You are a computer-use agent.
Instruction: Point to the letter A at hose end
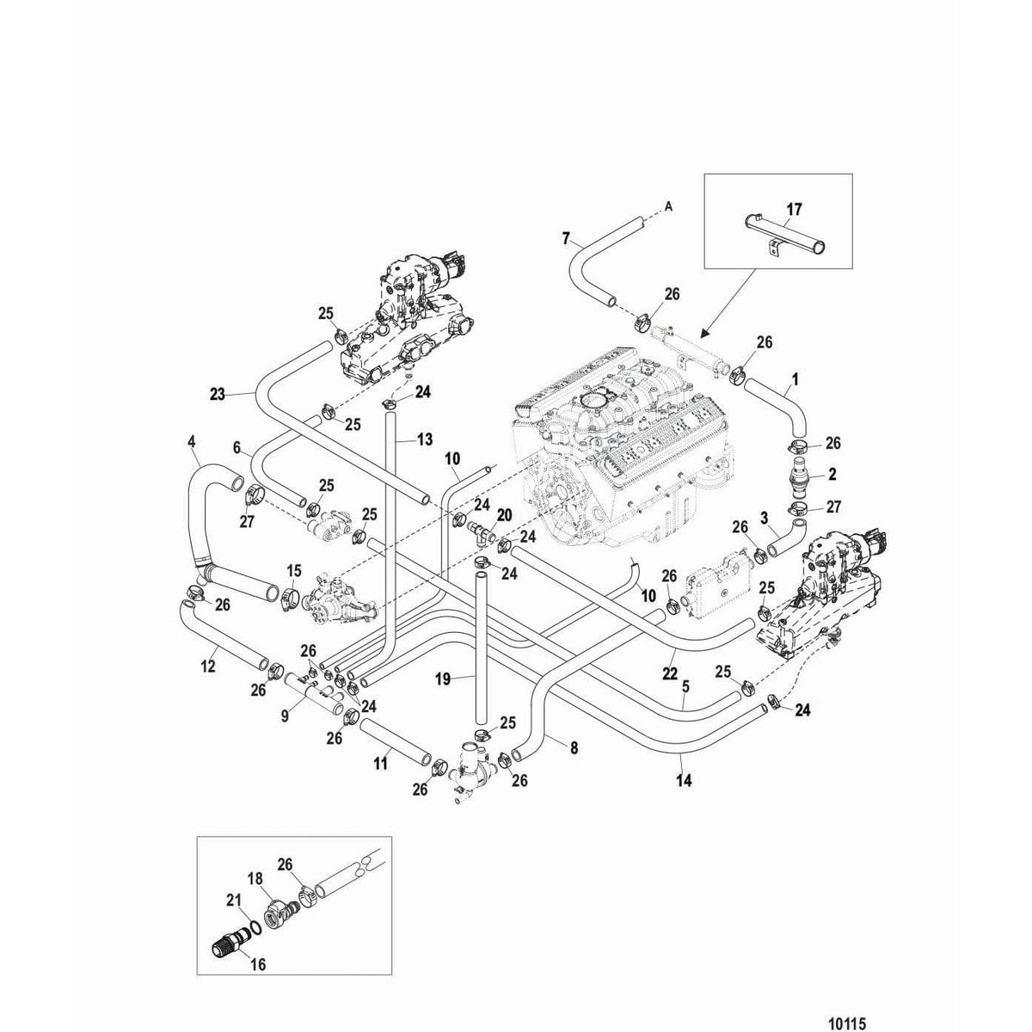(x=667, y=206)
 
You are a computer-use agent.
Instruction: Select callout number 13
(x=424, y=439)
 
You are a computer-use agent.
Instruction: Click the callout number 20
(x=504, y=513)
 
